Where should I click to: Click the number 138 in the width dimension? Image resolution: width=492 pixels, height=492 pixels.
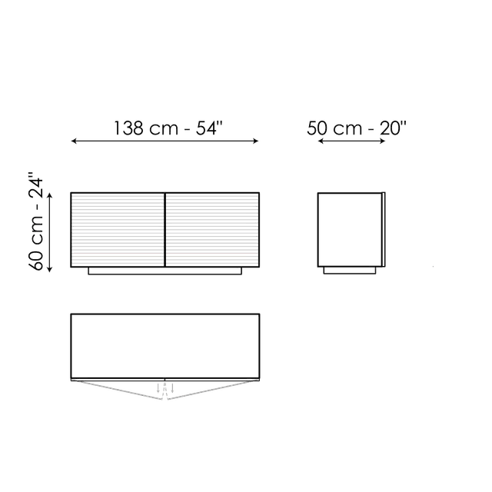point(128,128)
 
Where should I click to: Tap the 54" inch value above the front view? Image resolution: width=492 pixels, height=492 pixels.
point(209,128)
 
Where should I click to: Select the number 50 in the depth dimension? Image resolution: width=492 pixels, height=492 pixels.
point(317,128)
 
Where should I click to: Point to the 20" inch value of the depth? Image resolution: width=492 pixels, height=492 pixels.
point(394,128)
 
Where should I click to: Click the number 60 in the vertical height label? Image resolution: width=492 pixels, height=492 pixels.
point(36,260)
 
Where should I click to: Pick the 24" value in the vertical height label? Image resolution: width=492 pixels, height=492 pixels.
point(35,184)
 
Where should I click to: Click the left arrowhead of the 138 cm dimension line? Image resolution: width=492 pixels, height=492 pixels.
point(74,141)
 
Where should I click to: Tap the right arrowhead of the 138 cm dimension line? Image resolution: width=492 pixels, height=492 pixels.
point(256,141)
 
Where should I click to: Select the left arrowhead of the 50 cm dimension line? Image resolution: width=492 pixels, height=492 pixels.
point(321,141)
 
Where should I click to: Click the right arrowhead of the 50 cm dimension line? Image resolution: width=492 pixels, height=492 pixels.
point(383,141)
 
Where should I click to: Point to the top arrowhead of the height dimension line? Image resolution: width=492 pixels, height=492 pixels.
point(49,196)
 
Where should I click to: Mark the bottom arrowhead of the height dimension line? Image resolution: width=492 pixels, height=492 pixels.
point(49,269)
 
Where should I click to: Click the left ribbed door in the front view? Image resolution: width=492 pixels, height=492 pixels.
point(118,230)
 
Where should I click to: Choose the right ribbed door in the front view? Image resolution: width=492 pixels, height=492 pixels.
point(212,230)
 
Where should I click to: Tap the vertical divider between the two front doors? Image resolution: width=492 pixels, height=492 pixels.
point(165,230)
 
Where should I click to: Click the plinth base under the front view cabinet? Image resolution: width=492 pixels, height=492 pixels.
point(165,271)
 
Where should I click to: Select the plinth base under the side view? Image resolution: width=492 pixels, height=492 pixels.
point(350,271)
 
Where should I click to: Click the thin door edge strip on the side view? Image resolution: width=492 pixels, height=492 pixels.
point(384,230)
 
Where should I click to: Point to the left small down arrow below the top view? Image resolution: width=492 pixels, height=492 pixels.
point(158,388)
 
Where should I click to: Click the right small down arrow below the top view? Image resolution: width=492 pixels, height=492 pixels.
point(172,388)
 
